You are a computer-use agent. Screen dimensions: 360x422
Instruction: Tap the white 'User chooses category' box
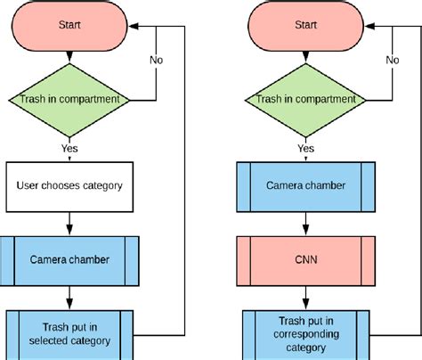69,186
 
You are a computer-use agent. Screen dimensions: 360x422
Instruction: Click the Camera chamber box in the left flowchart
69,260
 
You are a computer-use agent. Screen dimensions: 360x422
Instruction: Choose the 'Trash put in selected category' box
69,333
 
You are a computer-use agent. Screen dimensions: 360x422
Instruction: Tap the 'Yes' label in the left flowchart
69,148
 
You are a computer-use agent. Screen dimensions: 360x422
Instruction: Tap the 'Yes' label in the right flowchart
306,148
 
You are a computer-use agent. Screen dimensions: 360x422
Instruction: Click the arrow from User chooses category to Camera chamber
69,223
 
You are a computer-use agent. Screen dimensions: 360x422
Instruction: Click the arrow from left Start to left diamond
69,53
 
